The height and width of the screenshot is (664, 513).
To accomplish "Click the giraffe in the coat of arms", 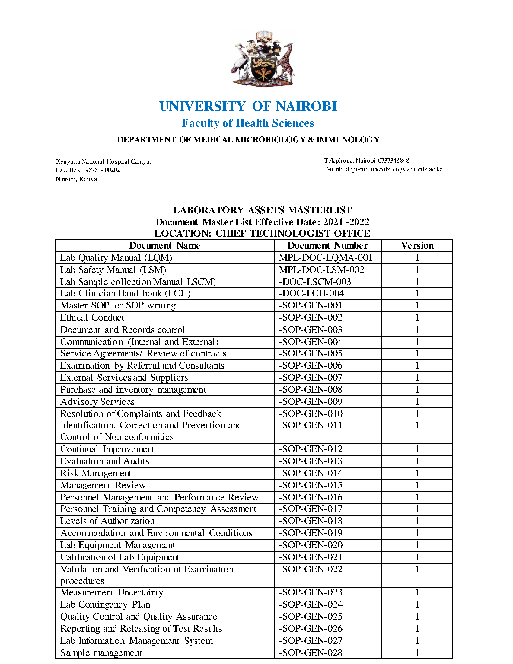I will click(287, 62).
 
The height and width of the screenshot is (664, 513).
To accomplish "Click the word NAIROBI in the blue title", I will click(306, 107).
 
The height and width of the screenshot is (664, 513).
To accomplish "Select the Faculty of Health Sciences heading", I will click(248, 123).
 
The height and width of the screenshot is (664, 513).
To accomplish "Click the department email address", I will click(394, 169).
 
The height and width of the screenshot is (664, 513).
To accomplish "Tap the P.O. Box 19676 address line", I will click(88, 170).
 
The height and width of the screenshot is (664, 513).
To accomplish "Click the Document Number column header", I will click(328, 246).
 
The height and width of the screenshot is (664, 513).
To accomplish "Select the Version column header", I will click(417, 246).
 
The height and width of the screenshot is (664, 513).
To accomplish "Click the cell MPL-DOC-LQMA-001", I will click(326, 258).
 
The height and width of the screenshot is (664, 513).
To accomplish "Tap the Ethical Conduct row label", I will click(92, 318).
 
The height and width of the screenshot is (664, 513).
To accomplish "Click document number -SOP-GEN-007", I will click(311, 378).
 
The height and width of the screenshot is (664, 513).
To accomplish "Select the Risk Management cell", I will click(96, 473).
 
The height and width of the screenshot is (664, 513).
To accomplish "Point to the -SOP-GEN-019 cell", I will click(311, 533).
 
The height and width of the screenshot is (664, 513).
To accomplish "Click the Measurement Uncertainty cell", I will click(112, 592).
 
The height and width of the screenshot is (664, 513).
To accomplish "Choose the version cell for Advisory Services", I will click(417, 402).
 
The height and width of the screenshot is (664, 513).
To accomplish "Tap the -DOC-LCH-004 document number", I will click(311, 293).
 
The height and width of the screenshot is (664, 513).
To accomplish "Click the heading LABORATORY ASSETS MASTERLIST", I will click(262, 210).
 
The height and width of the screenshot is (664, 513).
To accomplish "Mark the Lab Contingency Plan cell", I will click(105, 605).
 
